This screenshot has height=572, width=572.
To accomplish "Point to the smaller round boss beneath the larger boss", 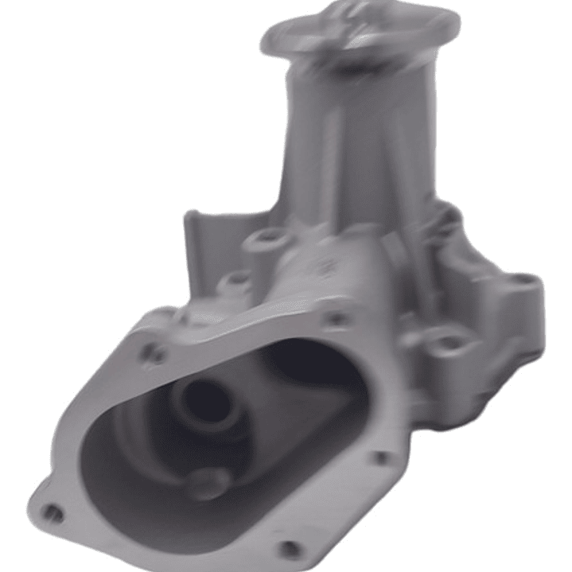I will tap(238, 281).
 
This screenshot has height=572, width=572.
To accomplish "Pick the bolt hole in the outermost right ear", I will tap(523, 281).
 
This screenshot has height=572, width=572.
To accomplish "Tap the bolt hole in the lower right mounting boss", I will tap(451, 344).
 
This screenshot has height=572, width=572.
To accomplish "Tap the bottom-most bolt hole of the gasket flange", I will tap(291, 548).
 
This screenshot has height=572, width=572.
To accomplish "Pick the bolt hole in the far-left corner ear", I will tap(53, 513).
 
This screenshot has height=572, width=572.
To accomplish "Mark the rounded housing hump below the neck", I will tap(318, 270).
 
